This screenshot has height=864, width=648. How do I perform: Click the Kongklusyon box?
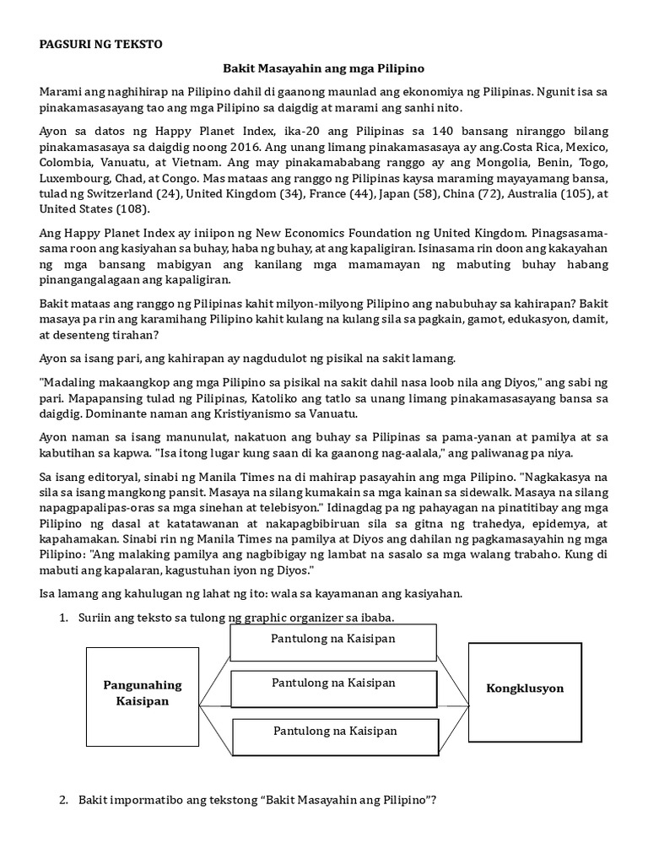click(524, 688)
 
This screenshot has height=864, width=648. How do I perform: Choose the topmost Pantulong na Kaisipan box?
click(332, 639)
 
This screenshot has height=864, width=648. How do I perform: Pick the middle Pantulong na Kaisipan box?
click(332, 683)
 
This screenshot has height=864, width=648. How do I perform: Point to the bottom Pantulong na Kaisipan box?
click(335, 731)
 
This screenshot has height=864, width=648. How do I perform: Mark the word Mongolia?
click(482, 164)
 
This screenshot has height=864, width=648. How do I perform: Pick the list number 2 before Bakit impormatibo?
click(63, 800)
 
